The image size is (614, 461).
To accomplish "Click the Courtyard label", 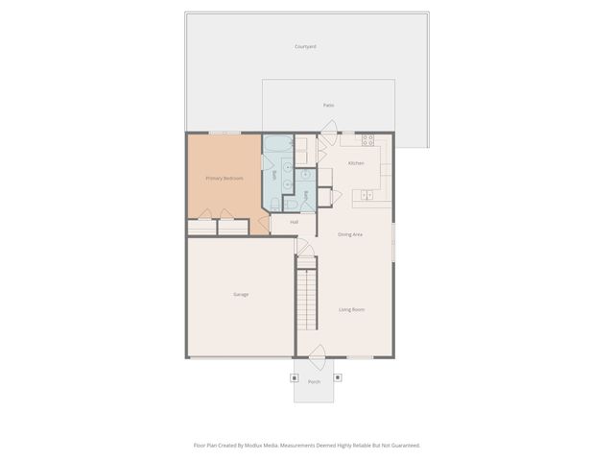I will point(305,46).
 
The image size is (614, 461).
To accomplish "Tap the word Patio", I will point(328,105).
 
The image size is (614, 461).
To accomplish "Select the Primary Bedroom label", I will point(224,179).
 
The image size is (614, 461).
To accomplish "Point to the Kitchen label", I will point(356,163).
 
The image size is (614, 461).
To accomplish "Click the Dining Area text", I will point(349,234).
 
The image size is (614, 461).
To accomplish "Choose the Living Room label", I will point(351,309).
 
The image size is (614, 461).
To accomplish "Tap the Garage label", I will point(241,294).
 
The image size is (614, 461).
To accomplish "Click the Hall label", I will point(294,222).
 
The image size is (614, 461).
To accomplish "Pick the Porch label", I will point(314,382).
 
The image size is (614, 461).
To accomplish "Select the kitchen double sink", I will point(366,197).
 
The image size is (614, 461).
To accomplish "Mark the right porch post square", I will point(337,376).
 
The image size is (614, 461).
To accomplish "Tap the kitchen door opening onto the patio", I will point(328,128).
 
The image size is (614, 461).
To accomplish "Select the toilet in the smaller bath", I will point(291,205).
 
